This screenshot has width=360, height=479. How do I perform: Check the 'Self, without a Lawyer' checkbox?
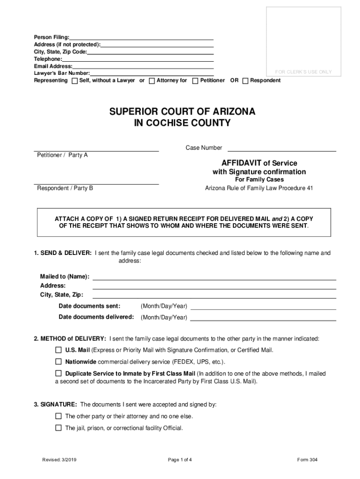(x=75, y=81)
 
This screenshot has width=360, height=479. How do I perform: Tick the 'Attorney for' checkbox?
(x=152, y=81)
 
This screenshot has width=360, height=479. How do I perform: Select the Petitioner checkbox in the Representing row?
(x=195, y=81)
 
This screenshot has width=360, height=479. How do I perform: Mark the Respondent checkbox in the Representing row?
(x=245, y=81)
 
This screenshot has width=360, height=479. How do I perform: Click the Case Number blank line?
(x=281, y=149)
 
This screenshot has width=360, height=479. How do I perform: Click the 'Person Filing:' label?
(x=51, y=37)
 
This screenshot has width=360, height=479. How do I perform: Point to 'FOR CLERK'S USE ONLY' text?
(x=303, y=72)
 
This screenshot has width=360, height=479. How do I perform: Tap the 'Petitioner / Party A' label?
(x=62, y=155)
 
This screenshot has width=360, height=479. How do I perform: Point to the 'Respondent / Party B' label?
(x=65, y=188)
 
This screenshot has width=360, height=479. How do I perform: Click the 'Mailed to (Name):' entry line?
(x=214, y=277)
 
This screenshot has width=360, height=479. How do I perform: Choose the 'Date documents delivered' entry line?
(x=263, y=318)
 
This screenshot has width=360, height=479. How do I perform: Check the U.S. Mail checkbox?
(x=58, y=350)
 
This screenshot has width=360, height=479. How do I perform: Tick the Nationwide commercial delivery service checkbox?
(x=58, y=362)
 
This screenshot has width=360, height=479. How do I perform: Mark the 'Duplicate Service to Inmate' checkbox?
(x=58, y=374)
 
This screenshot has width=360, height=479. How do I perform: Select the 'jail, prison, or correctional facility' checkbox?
(x=58, y=428)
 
